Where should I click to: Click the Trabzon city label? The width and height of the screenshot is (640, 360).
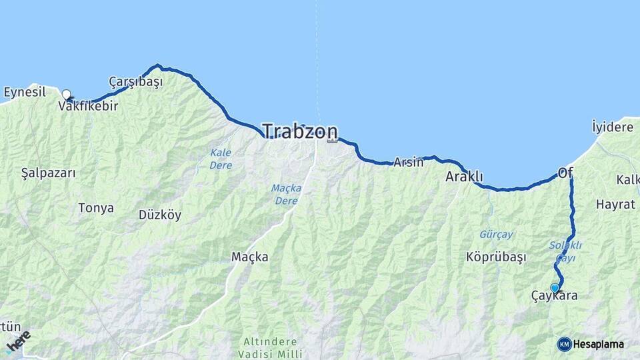point(299,131)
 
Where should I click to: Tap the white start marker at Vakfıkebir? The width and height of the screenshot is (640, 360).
point(67,95)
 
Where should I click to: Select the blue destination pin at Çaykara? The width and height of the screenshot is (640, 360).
point(555,287)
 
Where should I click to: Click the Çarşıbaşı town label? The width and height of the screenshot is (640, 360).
point(135,81)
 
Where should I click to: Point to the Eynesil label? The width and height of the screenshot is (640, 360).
point(25,92)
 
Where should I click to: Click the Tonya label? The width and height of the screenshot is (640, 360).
point(96,208)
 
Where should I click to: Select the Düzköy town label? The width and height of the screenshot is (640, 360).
point(160,215)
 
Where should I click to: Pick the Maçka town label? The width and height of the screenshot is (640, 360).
point(249,257)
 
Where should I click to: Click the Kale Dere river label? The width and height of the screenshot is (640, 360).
point(221,159)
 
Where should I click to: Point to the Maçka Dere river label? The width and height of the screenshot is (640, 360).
point(286,194)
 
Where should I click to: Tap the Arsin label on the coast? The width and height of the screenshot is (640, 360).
point(408,162)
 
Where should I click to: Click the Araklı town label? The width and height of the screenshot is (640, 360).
point(464,177)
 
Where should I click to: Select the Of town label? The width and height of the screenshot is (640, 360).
point(565,173)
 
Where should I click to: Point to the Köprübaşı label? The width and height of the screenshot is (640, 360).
point(497,257)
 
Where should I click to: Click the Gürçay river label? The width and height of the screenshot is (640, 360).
point(496,235)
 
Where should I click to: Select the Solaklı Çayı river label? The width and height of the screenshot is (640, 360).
point(565,251)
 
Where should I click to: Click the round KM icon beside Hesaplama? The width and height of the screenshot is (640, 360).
point(564,344)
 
